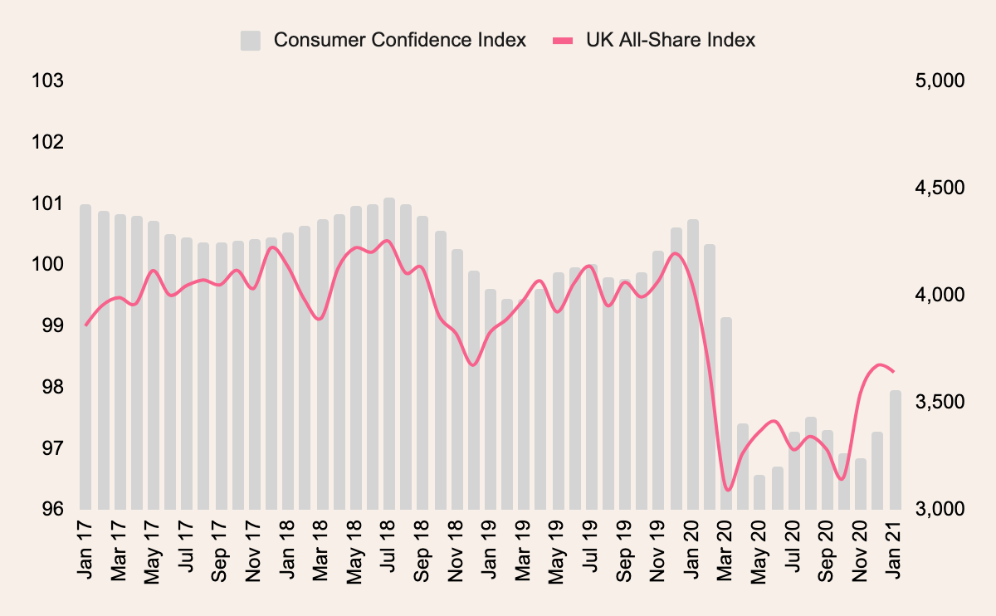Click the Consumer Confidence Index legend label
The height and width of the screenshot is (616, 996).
pos(400,40)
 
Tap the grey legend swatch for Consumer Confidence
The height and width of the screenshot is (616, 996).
pos(251,40)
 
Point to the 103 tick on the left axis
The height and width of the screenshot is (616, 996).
pos(47,81)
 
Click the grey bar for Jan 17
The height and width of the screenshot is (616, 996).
pos(85,357)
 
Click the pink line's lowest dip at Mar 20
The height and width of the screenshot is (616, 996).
pos(728,490)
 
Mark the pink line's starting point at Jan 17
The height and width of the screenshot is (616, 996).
pos(86,325)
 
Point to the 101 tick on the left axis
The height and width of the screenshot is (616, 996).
pos(47,203)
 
